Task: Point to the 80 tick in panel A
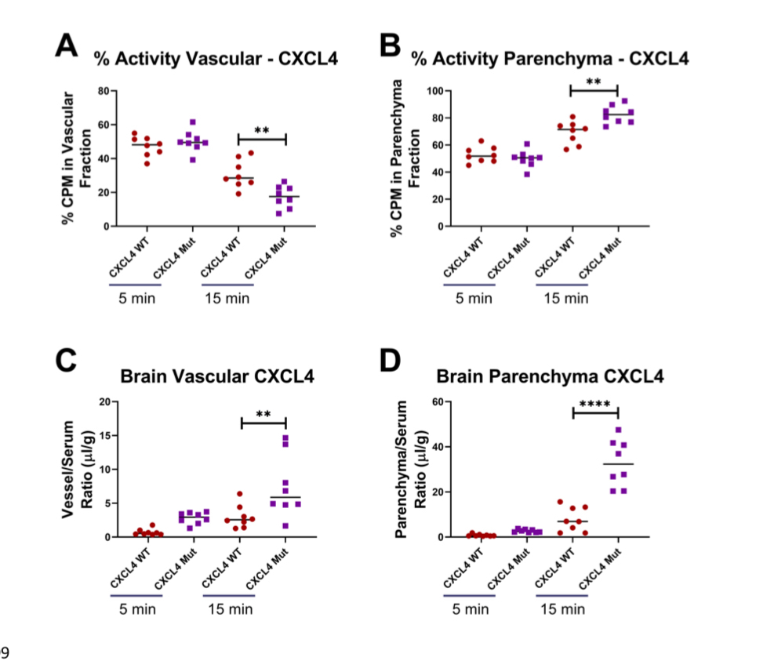[x=100, y=91]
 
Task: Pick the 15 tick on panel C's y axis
[x=102, y=435]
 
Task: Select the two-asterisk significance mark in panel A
[x=262, y=131]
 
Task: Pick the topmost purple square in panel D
[x=618, y=430]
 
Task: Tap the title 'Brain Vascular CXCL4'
[x=217, y=376]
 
